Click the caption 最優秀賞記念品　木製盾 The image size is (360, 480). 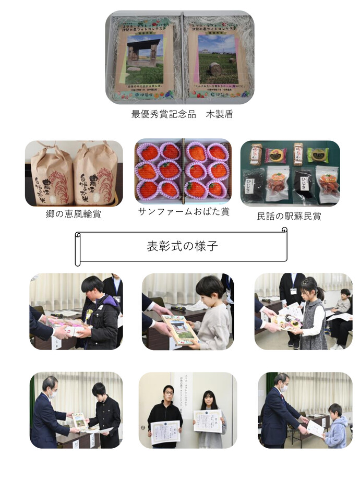point(180,114)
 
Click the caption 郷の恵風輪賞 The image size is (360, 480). point(74,214)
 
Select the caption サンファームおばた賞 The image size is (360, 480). point(183,212)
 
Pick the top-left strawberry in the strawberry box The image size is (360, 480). point(149,152)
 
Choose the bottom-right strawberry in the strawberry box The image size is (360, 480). point(217,189)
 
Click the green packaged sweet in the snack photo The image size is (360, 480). point(318,154)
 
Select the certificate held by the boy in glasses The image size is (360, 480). point(166,432)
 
